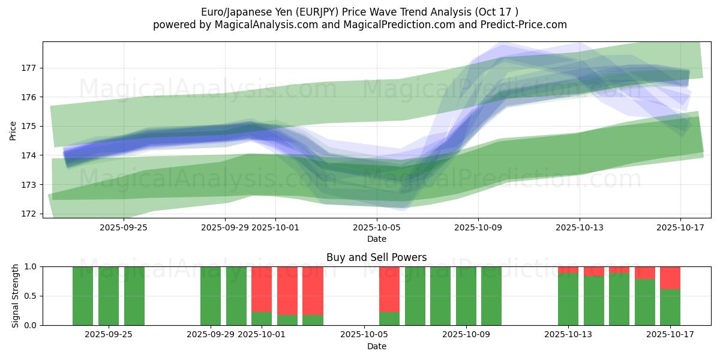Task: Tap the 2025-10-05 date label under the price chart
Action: click(x=377, y=227)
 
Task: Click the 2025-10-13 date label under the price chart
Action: click(x=580, y=227)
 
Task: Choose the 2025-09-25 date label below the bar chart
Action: click(x=109, y=335)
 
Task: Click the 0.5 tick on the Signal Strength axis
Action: click(x=31, y=296)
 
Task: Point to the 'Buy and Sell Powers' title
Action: click(x=376, y=257)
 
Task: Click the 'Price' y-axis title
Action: click(x=13, y=130)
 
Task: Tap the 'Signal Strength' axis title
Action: click(x=16, y=296)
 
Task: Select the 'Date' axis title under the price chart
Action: click(x=376, y=239)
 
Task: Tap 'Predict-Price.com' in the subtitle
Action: click(x=526, y=25)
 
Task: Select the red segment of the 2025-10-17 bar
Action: click(x=670, y=278)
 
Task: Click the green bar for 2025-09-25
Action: click(x=109, y=296)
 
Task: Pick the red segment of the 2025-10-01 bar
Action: click(x=262, y=289)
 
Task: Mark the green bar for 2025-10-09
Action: click(x=466, y=296)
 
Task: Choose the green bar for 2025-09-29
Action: click(x=211, y=296)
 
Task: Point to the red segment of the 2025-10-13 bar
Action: click(x=568, y=270)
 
